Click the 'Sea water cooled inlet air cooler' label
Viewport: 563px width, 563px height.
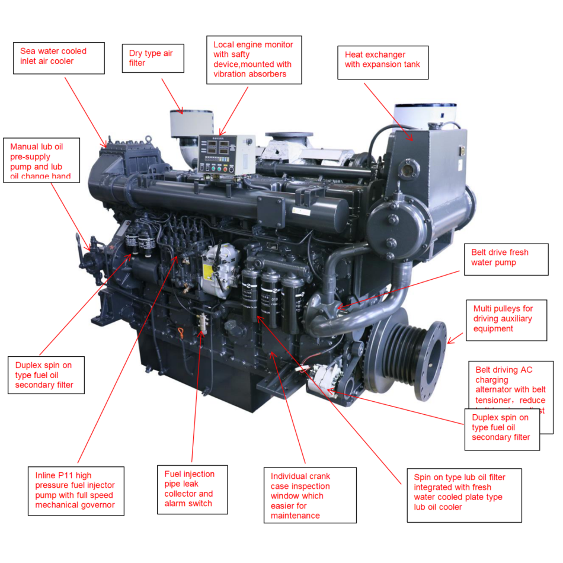pos(59,57)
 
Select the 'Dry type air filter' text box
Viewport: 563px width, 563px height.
pos(151,58)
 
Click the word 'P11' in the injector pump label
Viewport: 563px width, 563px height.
pos(64,475)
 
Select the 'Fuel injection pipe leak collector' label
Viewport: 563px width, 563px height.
pos(191,489)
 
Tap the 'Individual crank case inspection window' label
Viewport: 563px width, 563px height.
pos(309,495)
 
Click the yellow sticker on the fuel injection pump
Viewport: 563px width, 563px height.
pos(208,271)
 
